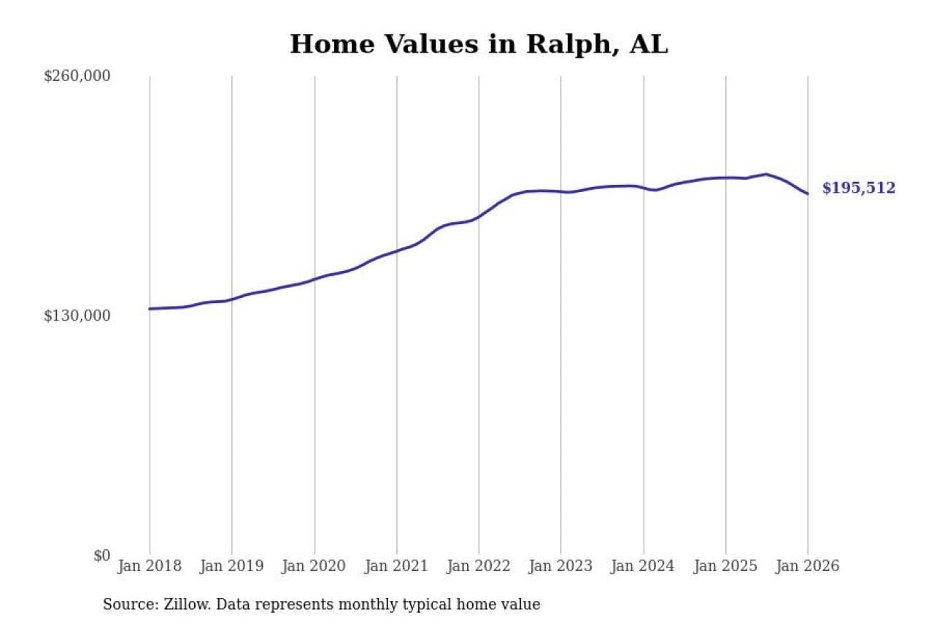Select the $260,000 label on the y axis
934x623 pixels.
tap(77, 77)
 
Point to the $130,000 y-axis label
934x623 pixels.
tap(77, 316)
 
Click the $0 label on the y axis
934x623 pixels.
tap(101, 556)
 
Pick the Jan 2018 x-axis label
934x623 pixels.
tap(150, 567)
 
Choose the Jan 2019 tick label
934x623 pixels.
tap(232, 567)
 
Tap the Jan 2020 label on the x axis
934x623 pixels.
tap(314, 567)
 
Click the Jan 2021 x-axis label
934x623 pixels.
tap(396, 567)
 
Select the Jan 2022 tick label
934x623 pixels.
tap(479, 567)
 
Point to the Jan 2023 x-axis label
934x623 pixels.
tap(561, 567)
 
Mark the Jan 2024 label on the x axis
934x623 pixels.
tap(644, 567)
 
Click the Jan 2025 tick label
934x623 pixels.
tap(725, 567)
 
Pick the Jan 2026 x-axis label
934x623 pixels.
tap(807, 567)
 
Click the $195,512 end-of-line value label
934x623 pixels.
tap(859, 188)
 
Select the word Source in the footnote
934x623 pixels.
tap(126, 605)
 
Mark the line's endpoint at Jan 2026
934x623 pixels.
tap(808, 194)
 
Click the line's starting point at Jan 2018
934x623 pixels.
tap(150, 309)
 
